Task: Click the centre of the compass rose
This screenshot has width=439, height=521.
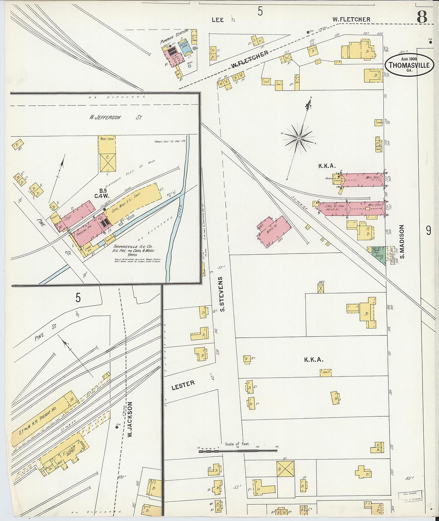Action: click(299, 138)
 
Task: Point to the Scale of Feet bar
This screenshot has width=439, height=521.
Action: click(238, 450)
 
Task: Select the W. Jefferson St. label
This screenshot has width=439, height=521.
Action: click(116, 117)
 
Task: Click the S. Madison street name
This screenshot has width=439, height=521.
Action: click(402, 241)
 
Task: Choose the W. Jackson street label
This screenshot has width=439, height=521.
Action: click(130, 420)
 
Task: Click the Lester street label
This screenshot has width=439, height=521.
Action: click(183, 385)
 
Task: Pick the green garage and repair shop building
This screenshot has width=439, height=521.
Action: click(377, 254)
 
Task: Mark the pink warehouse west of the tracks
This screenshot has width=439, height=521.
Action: click(274, 232)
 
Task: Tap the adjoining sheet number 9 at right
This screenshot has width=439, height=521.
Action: click(428, 231)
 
